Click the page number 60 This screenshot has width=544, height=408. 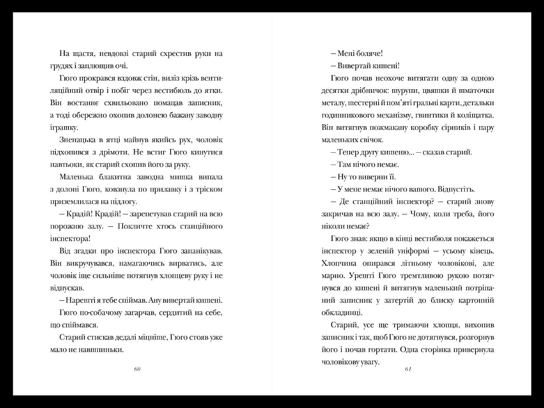137,369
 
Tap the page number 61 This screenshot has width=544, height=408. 408,369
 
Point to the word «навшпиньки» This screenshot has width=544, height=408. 104,350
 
